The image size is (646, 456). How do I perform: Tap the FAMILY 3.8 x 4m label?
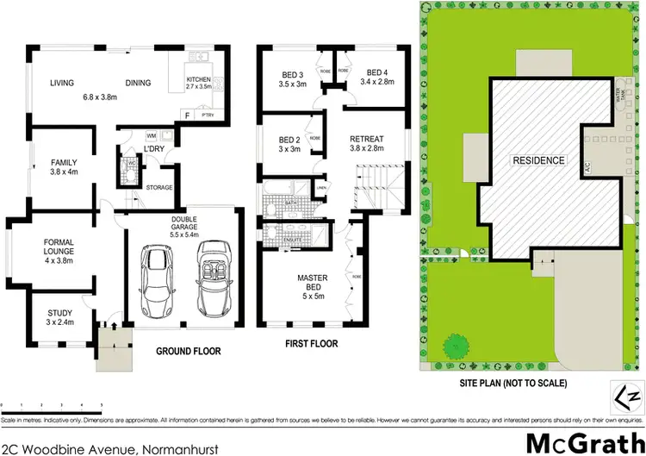[62, 166]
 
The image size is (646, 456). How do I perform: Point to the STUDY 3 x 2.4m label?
[60, 317]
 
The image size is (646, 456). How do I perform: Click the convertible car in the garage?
[212, 278]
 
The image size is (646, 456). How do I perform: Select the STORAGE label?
[159, 187]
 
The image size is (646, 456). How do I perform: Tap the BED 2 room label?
[289, 144]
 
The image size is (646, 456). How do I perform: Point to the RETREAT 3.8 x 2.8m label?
[366, 143]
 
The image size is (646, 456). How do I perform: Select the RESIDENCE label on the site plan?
[538, 160]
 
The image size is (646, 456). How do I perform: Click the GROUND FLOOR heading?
[188, 351]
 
